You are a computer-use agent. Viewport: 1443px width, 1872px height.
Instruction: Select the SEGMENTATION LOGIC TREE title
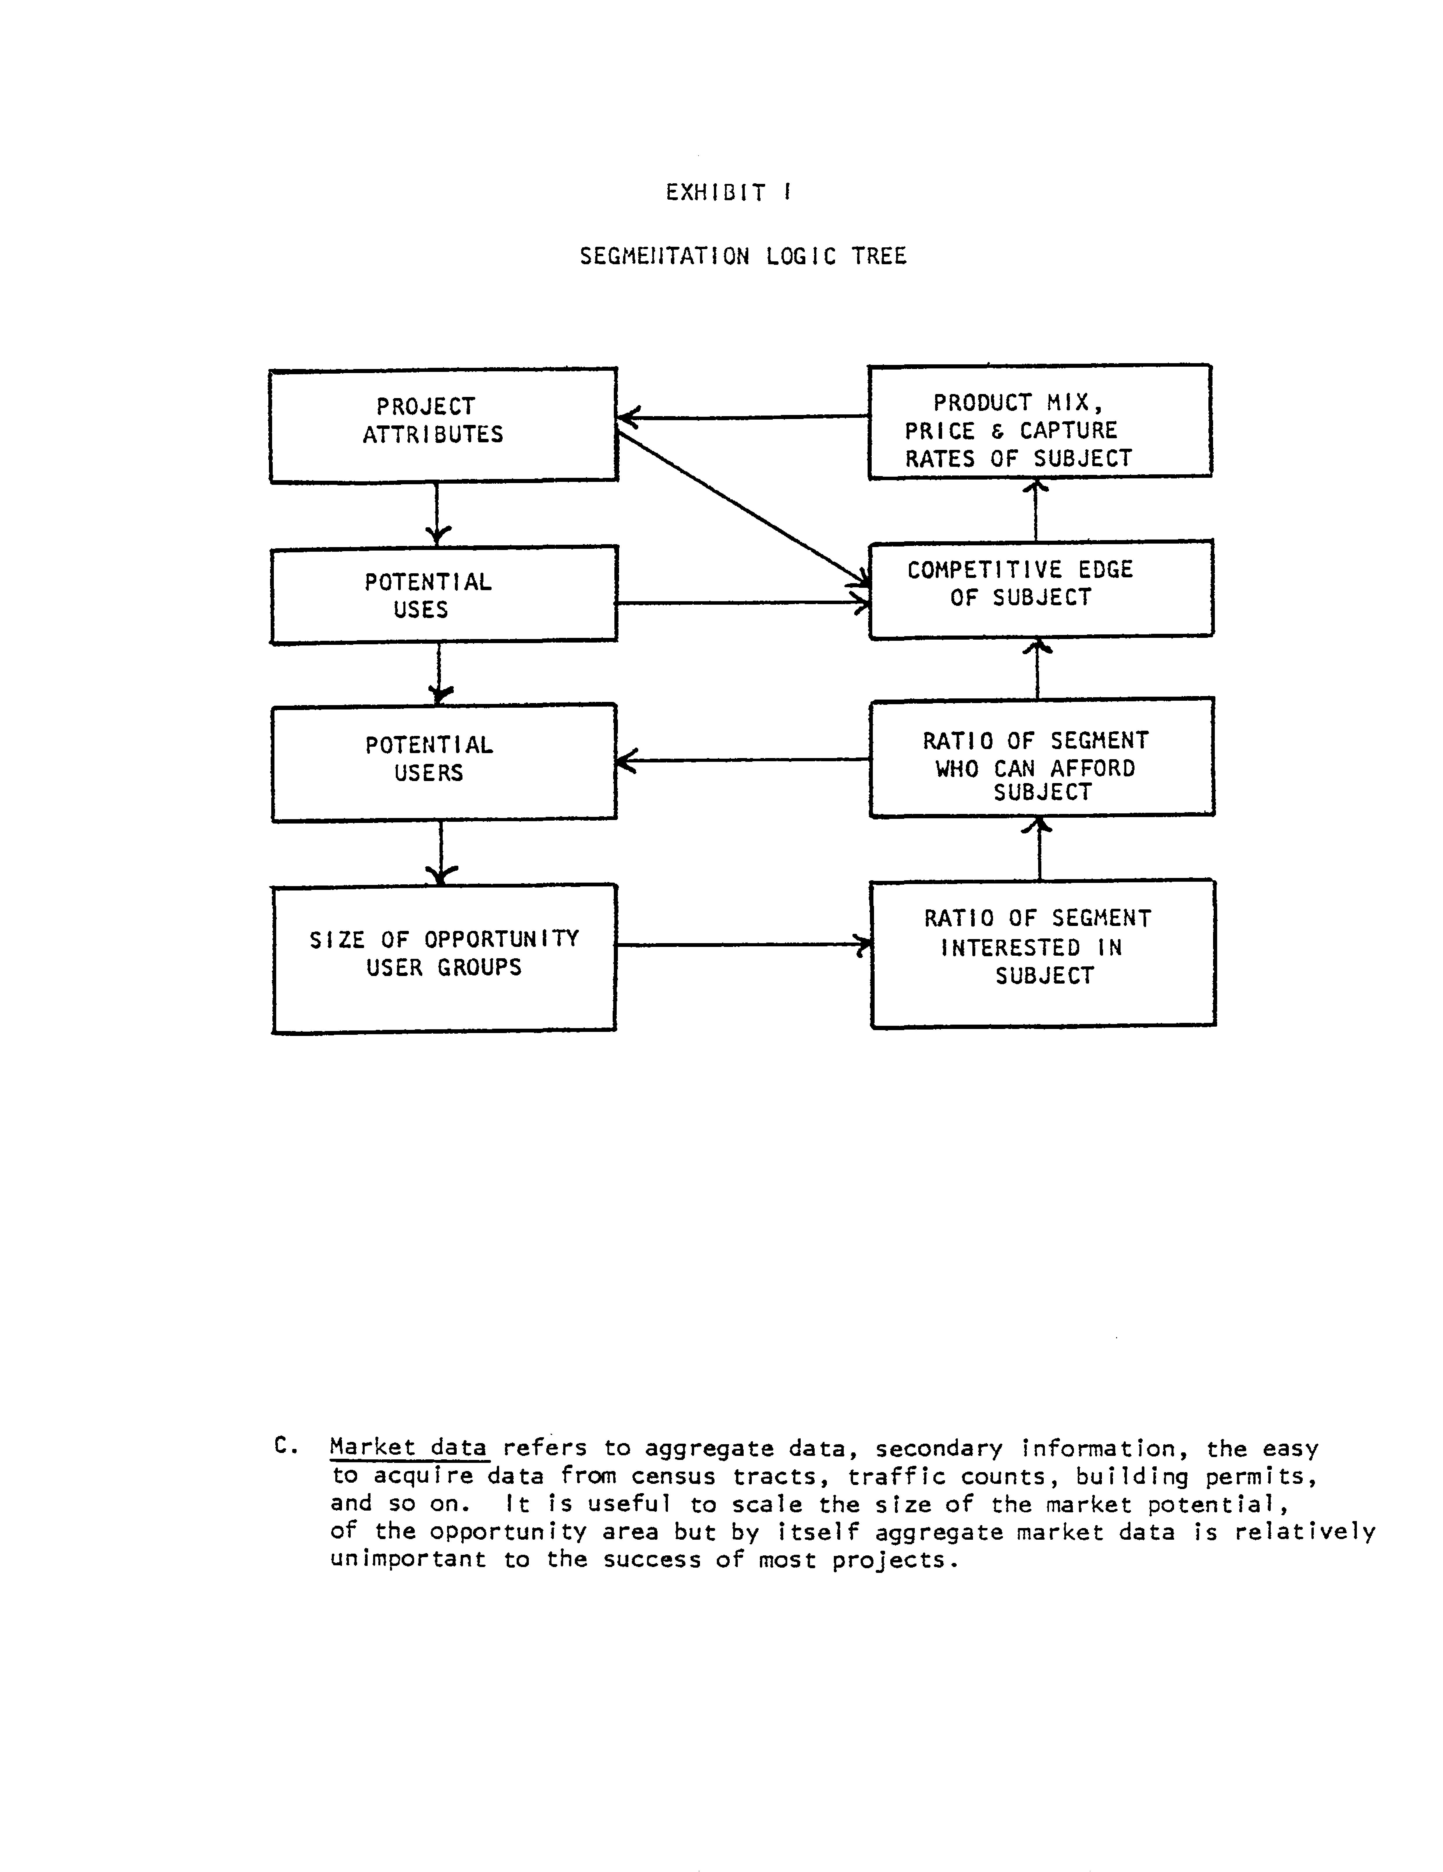pos(742,256)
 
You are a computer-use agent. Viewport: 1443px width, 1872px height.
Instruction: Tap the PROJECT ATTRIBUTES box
pos(443,425)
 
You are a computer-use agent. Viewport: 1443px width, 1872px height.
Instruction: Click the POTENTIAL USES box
pos(443,595)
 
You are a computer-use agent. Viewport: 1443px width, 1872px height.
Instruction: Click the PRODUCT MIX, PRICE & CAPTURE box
pos(1039,421)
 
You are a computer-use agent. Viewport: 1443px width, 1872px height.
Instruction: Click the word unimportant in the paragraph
pos(408,1559)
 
